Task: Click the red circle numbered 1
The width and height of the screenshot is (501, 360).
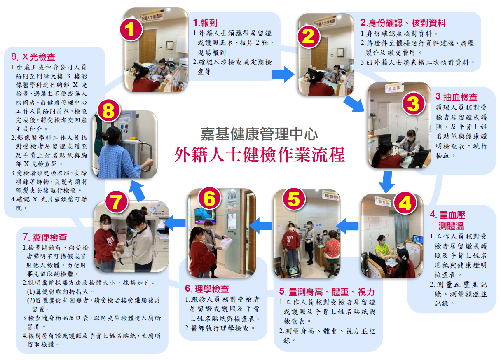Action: click(x=131, y=29)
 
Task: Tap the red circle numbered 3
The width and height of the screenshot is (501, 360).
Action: click(x=413, y=104)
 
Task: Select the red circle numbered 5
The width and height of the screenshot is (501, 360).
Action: click(x=294, y=199)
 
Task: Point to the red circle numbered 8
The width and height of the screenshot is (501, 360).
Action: click(x=109, y=111)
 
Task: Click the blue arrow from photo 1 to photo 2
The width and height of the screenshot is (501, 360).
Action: click(x=283, y=74)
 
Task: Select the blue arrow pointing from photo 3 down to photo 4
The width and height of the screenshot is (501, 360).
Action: click(x=386, y=182)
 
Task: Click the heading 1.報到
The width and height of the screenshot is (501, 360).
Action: click(x=205, y=23)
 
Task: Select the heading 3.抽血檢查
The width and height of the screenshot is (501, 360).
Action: click(x=456, y=97)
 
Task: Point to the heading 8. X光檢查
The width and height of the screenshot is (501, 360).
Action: click(x=33, y=57)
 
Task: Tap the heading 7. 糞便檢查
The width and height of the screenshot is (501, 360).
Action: click(x=45, y=237)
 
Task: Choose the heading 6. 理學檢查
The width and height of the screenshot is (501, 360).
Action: click(x=207, y=289)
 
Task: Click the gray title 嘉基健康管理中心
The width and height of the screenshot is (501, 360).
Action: click(x=259, y=134)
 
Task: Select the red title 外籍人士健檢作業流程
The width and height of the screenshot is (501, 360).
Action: click(x=260, y=155)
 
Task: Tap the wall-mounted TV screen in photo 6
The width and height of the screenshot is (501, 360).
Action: click(x=205, y=216)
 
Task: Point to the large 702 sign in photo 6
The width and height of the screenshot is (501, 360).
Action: click(x=232, y=195)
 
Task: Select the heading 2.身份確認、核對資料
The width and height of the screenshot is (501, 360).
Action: click(x=403, y=23)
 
